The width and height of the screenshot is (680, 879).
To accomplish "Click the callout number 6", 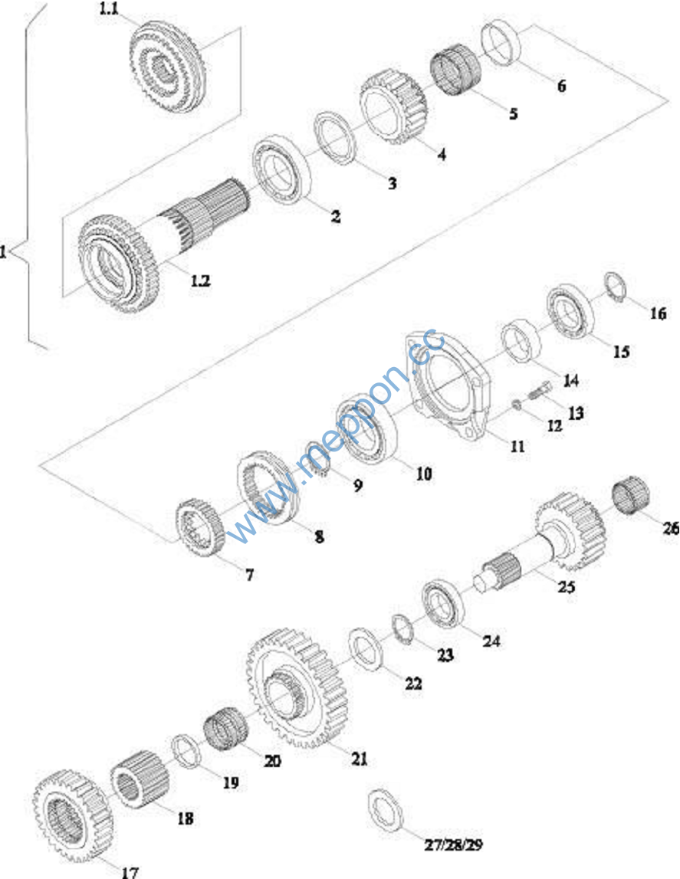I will tap(562, 86).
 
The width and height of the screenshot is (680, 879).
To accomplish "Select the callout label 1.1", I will tap(109, 11).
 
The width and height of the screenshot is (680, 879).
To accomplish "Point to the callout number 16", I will tap(658, 313).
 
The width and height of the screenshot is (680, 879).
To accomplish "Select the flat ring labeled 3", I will tap(337, 137).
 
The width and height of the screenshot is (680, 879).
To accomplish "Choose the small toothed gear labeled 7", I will tap(199, 527).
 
